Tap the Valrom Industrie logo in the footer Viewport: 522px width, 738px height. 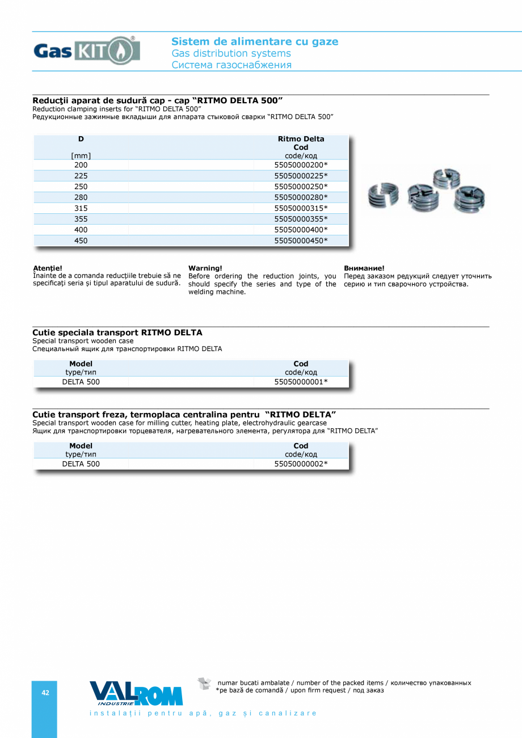coord(136,693)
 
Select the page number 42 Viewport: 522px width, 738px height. coord(45,693)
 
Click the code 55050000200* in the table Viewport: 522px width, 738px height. coord(301,165)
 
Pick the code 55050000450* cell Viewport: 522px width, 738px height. coord(301,241)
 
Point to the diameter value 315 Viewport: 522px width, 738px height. coord(81,208)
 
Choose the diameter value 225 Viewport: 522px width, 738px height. coord(81,176)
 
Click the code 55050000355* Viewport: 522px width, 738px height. coord(301,219)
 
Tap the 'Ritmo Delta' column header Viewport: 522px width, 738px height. coord(301,139)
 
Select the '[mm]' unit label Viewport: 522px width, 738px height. coord(81,156)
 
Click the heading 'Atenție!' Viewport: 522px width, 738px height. coord(48,268)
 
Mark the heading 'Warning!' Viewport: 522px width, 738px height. coord(205,268)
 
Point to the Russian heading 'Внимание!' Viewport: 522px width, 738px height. coord(364,268)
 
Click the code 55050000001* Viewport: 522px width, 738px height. coord(301,382)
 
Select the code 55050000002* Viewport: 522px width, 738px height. coord(301,464)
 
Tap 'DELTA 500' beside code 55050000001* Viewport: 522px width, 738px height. coord(81,382)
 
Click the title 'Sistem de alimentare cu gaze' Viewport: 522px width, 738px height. coord(255,41)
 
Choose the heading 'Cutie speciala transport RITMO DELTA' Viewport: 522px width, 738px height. coord(117,332)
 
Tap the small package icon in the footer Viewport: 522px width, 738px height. coord(204,684)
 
